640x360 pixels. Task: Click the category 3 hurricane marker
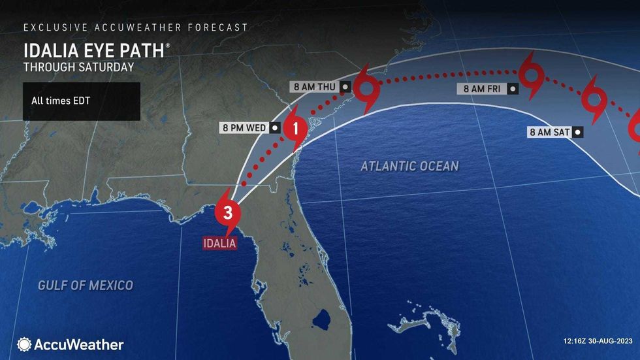click(227, 213)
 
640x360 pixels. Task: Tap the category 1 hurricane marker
click(295, 128)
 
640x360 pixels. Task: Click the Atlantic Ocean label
click(409, 167)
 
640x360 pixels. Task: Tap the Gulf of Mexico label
click(85, 285)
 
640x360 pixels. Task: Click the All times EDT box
click(81, 101)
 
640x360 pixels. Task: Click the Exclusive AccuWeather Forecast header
click(136, 27)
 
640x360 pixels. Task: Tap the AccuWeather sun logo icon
click(25, 344)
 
